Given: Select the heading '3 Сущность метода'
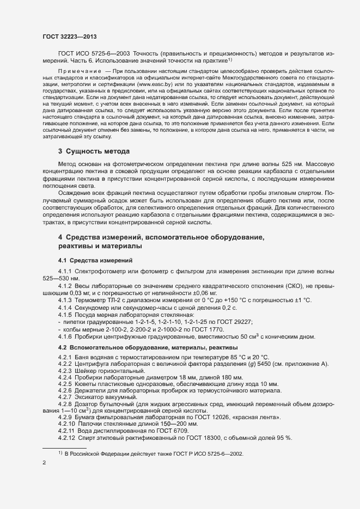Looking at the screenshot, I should coord(93,151).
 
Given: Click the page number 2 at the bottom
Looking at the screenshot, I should coord(44,464).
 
